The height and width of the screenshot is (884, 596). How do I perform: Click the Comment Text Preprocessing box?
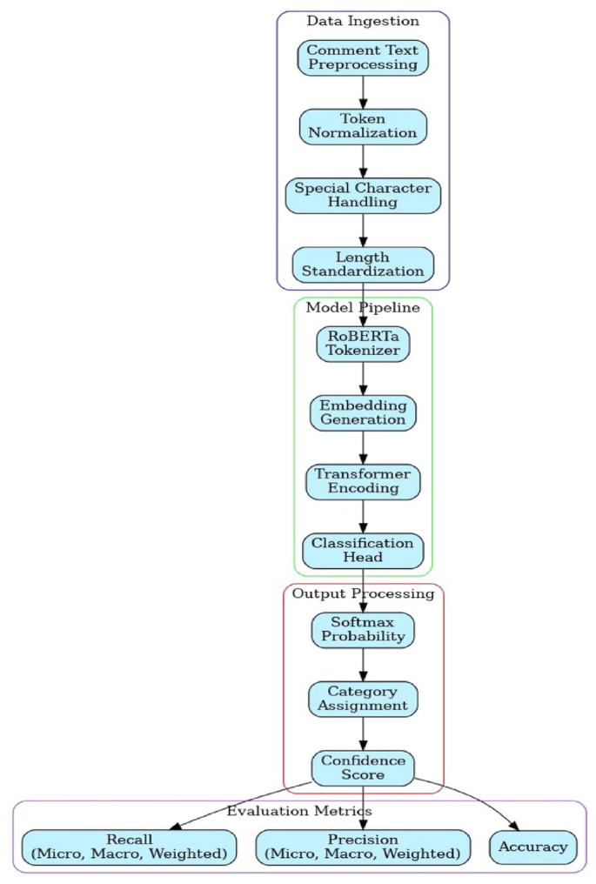tap(363, 57)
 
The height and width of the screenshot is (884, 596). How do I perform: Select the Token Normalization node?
tap(363, 126)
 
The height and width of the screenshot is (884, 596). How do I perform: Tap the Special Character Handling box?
tap(363, 195)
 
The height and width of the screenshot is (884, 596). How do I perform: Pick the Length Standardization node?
tap(363, 264)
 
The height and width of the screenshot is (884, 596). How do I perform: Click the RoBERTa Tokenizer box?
tap(363, 343)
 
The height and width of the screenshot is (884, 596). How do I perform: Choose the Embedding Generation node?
tap(363, 412)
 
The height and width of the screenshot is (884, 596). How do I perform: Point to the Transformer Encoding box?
tap(363, 481)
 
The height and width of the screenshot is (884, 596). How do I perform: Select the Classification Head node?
tap(363, 550)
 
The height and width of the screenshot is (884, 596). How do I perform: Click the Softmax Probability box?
tap(363, 629)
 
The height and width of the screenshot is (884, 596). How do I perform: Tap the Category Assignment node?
tap(363, 698)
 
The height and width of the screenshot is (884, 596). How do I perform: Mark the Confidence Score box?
tap(363, 767)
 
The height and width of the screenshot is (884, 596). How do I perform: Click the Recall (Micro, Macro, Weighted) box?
tap(129, 847)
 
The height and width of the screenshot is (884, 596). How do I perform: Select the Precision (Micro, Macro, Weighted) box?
tap(363, 847)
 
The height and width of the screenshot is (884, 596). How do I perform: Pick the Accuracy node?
tap(533, 847)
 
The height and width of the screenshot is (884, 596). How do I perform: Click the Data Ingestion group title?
tap(363, 21)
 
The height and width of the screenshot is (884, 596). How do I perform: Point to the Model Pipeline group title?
tap(363, 307)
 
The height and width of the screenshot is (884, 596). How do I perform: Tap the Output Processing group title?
tap(363, 593)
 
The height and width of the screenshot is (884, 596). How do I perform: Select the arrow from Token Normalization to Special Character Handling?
tap(363, 161)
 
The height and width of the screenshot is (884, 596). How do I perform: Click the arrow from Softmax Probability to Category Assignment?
tap(363, 664)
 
